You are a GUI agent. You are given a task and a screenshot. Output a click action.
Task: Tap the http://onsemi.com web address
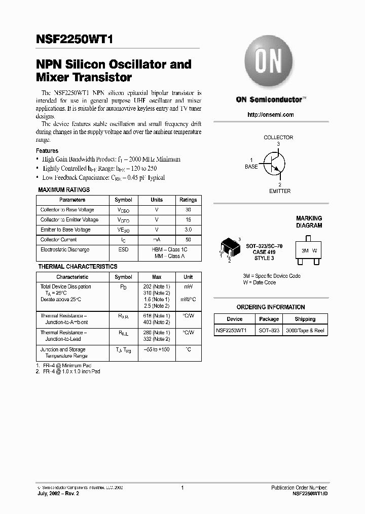tap(270, 115)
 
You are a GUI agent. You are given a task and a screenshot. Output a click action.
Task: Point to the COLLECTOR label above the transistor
tap(278, 138)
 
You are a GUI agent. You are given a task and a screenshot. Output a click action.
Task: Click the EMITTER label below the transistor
tap(279, 191)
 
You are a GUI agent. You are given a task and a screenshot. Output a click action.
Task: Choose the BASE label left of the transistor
tap(251, 167)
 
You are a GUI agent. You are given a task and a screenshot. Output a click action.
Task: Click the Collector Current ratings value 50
tap(188, 240)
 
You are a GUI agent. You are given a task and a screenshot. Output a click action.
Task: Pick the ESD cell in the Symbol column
tap(123, 250)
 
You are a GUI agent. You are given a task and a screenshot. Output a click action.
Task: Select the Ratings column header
tap(188, 200)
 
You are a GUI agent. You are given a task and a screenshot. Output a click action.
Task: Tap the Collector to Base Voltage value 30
tap(188, 210)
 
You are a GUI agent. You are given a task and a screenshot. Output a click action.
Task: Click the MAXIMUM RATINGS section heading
tap(64, 190)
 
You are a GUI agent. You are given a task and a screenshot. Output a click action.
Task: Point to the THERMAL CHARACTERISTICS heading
tap(78, 267)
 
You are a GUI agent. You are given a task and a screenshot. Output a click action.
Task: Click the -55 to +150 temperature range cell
tap(157, 350)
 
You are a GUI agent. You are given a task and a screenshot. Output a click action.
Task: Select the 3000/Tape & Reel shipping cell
tap(305, 331)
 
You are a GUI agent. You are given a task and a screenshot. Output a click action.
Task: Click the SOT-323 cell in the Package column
tap(269, 331)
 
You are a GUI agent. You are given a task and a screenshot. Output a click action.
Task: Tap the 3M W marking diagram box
tap(309, 250)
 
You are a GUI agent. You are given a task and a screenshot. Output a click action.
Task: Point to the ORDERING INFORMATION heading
tap(271, 307)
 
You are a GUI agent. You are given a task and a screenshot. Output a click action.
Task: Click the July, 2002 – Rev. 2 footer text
tap(58, 494)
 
